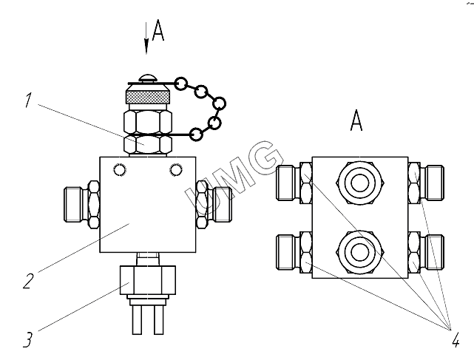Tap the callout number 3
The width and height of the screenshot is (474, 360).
[x=27, y=341]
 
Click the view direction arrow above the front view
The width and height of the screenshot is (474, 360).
[x=146, y=41]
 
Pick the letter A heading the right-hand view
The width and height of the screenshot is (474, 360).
[x=356, y=121]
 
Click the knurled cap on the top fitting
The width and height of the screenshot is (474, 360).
[x=146, y=96]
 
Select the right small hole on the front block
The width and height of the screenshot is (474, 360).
[x=175, y=170]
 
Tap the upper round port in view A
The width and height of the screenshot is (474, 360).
[x=360, y=180]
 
